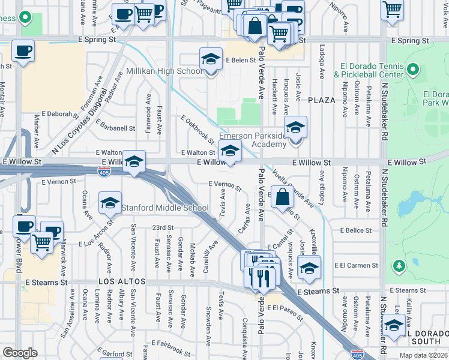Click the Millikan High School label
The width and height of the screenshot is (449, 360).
click(x=164, y=71)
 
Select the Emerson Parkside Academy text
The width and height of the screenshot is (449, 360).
click(x=253, y=140)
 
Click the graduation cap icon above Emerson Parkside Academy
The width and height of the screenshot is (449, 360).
click(x=294, y=129)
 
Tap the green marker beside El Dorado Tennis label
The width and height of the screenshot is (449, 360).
click(x=413, y=70)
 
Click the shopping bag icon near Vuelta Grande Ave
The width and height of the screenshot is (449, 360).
click(x=282, y=196)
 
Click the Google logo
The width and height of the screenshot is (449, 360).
click(x=20, y=352)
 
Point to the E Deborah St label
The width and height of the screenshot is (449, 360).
click(x=55, y=113)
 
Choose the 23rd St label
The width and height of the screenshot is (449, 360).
click(x=162, y=228)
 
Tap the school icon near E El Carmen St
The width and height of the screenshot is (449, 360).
click(x=309, y=267)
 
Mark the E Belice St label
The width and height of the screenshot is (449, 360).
click(x=356, y=230)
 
